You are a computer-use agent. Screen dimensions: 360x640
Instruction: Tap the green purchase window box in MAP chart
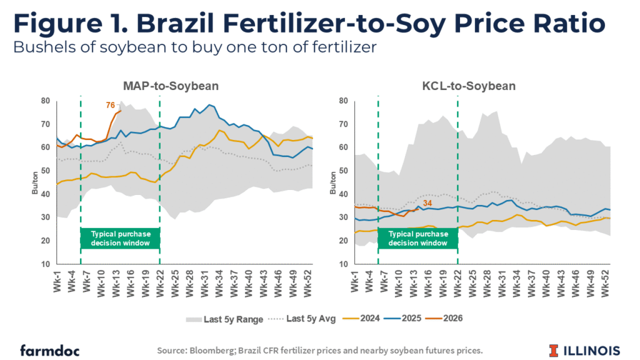coord(120,238)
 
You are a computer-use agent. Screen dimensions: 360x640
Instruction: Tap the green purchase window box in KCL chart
coord(418,238)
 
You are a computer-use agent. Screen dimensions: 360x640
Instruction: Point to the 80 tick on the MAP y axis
coord(46,101)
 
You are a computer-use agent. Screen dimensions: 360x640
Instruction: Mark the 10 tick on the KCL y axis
coord(343,264)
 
